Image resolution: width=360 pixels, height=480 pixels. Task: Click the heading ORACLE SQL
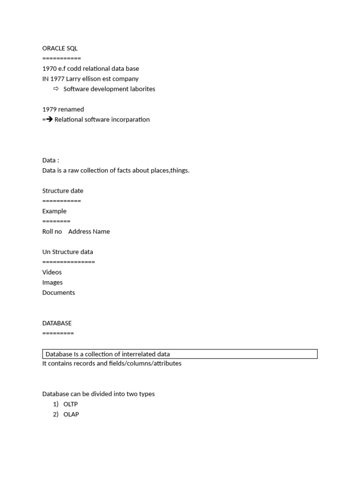(x=60, y=48)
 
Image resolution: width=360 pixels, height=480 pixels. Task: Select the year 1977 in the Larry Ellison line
(x=57, y=79)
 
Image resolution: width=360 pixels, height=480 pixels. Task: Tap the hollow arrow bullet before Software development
(x=56, y=89)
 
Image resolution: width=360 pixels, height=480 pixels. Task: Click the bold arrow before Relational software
(x=49, y=120)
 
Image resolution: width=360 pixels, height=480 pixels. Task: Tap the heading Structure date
(x=63, y=191)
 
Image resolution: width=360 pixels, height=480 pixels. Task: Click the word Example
(x=54, y=211)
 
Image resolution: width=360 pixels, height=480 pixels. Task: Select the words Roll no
(x=52, y=232)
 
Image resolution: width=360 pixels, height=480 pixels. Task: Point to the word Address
(x=80, y=232)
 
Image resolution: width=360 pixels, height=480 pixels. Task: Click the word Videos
(x=52, y=272)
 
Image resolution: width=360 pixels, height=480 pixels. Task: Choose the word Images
(x=52, y=282)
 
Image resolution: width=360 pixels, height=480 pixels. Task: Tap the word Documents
(x=59, y=292)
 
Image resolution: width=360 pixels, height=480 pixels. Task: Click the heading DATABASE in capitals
(x=57, y=323)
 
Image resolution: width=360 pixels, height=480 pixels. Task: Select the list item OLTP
(x=70, y=404)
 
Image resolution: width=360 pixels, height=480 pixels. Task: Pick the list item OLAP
(x=71, y=414)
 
